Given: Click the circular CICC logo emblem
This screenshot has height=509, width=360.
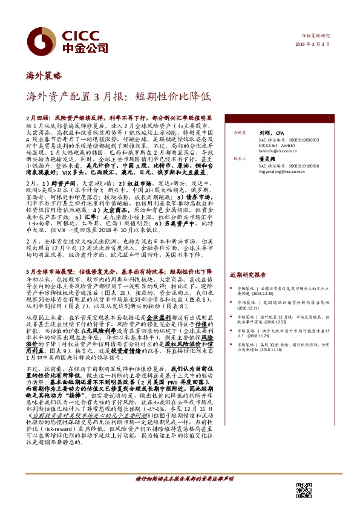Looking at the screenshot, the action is (42, 38).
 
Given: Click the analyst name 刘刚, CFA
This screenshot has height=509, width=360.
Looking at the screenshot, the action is (268, 131).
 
